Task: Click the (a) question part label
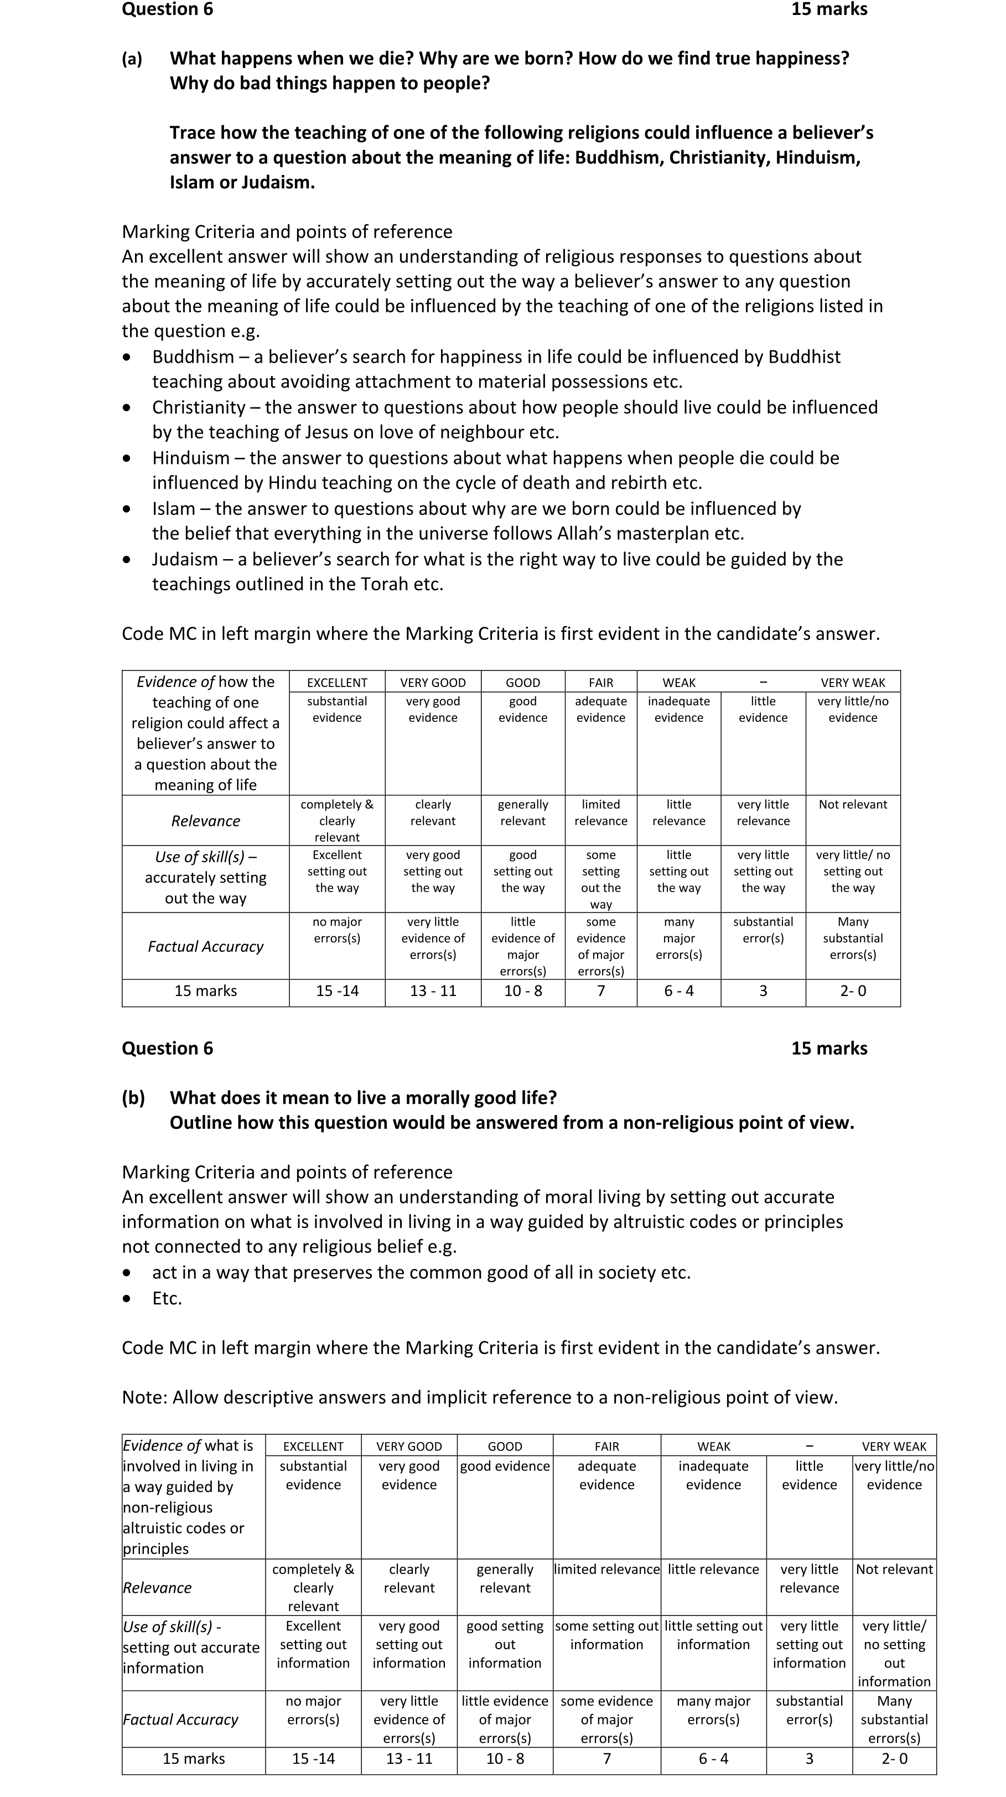click(132, 59)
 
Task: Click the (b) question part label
click(133, 1097)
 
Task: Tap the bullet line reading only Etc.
click(167, 1298)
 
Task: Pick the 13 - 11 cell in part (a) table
click(433, 990)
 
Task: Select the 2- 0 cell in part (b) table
click(894, 1759)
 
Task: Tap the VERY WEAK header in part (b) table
click(894, 1446)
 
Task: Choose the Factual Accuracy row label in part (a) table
click(206, 947)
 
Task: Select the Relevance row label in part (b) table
click(158, 1588)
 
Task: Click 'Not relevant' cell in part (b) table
click(894, 1569)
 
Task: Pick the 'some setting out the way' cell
click(600, 879)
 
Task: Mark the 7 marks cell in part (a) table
click(600, 990)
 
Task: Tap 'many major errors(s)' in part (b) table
click(713, 1710)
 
